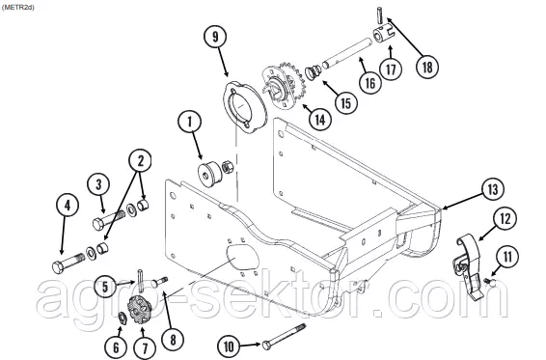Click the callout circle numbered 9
tap(215, 37)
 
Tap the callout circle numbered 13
tap(493, 189)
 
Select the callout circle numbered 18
tap(427, 67)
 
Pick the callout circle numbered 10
tap(229, 346)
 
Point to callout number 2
tap(140, 160)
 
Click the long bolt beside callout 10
tap(285, 336)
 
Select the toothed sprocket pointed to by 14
tap(284, 87)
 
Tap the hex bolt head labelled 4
tap(58, 267)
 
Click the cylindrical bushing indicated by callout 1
tap(208, 173)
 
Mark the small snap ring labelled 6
tap(123, 317)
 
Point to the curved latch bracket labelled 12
tap(470, 268)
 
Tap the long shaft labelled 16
tap(347, 53)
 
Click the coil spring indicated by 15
tap(314, 71)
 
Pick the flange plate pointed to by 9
tap(244, 108)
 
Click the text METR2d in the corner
tap(17, 8)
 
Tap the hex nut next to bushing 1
tap(228, 166)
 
